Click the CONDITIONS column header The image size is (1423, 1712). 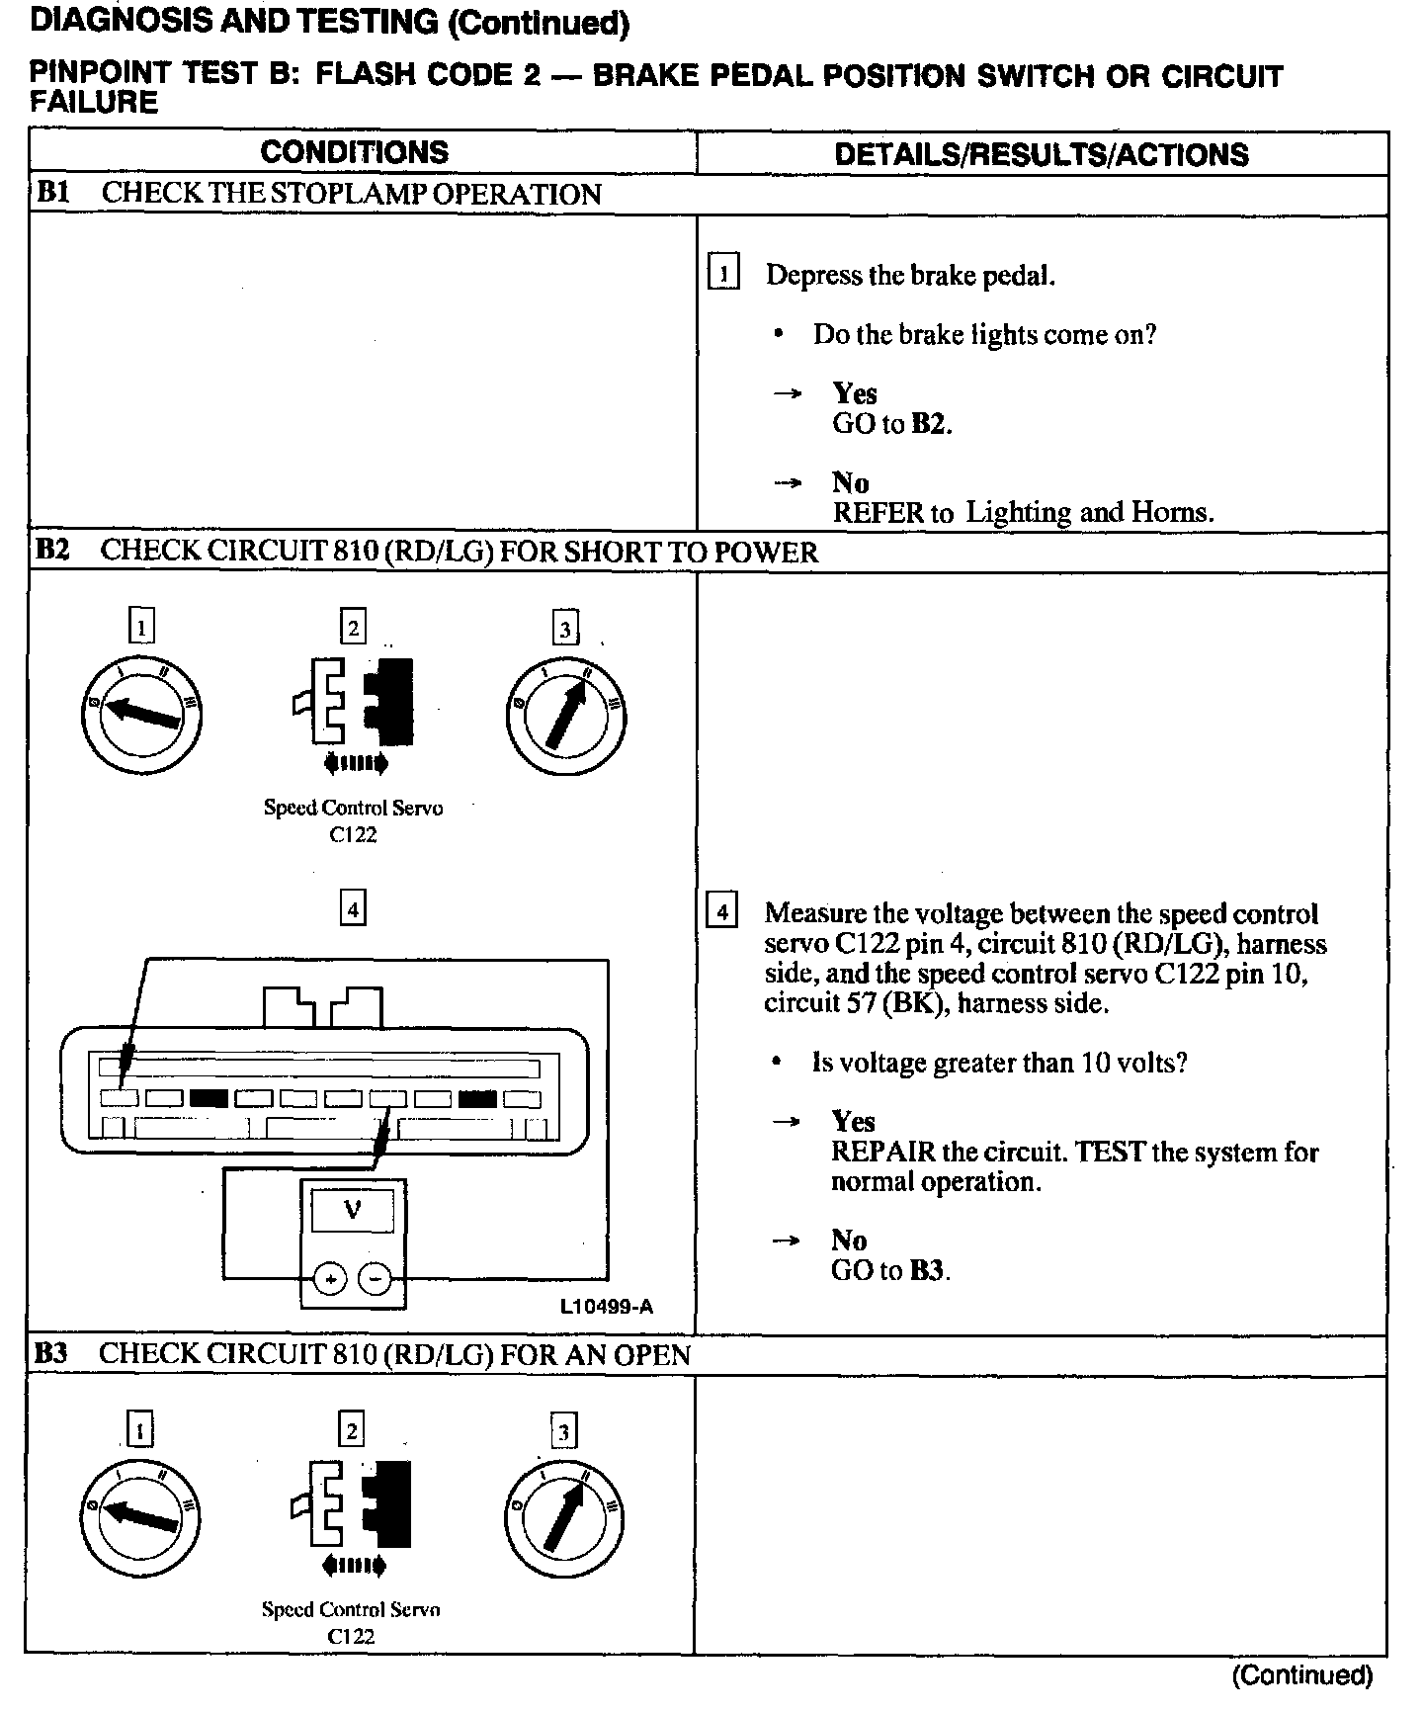pyautogui.click(x=354, y=152)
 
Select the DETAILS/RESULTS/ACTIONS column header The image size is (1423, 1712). pyautogui.click(x=1042, y=154)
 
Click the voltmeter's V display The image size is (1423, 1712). pyautogui.click(x=353, y=1208)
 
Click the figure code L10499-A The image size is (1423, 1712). pyautogui.click(x=607, y=1307)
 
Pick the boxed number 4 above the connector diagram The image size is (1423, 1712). pyautogui.click(x=352, y=907)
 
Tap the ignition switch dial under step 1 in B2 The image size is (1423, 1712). pyautogui.click(x=141, y=714)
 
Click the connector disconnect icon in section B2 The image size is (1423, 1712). pyautogui.click(x=353, y=704)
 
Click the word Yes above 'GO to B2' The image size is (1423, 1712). pyautogui.click(x=855, y=393)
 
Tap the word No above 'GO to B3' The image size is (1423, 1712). pyautogui.click(x=849, y=1241)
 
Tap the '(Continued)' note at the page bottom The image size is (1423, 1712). pyautogui.click(x=1301, y=1675)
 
